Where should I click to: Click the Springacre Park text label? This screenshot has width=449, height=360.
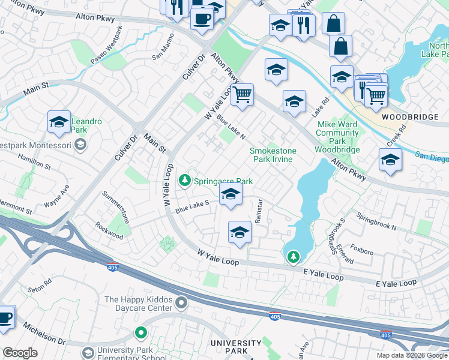click(x=223, y=181)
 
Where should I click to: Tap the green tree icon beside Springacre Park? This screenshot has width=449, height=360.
click(x=185, y=179)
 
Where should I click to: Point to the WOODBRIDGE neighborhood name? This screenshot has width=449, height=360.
click(x=407, y=116)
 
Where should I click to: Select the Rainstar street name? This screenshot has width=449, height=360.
click(x=259, y=212)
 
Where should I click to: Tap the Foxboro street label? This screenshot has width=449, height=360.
click(x=362, y=248)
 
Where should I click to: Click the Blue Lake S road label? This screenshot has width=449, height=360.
click(x=192, y=206)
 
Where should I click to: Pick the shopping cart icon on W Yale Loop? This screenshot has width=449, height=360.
click(x=243, y=94)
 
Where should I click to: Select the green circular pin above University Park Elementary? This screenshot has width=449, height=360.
click(x=141, y=332)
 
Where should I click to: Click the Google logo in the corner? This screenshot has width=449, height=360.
click(x=20, y=353)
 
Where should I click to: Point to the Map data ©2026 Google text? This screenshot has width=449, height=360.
click(x=411, y=355)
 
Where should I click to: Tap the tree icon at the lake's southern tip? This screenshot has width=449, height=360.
click(x=293, y=257)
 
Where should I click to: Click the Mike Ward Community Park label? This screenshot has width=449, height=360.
click(x=337, y=137)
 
